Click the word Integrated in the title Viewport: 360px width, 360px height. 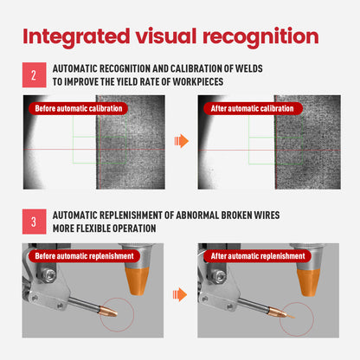click(x=76, y=37)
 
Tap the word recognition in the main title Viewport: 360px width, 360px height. click(x=260, y=37)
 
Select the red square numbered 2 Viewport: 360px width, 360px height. click(x=35, y=75)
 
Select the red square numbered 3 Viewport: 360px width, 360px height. click(x=35, y=222)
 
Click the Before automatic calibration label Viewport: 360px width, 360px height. click(x=79, y=108)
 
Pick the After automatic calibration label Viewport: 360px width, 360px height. click(x=253, y=108)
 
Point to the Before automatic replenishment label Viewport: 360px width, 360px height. click(x=84, y=256)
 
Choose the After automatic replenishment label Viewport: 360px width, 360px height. click(x=258, y=256)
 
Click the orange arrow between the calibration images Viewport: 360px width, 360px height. click(x=182, y=141)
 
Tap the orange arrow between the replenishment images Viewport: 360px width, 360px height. click(x=180, y=295)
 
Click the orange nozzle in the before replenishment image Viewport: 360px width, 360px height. click(x=137, y=280)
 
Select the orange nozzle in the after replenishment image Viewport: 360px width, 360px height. click(x=309, y=282)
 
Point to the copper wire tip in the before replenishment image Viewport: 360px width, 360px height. click(x=109, y=311)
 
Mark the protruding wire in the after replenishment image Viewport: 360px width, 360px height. click(x=290, y=316)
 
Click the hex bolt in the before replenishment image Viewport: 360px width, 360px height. click(x=50, y=275)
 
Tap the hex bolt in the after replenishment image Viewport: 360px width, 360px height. click(x=220, y=275)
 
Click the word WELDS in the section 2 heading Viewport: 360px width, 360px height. click(x=249, y=68)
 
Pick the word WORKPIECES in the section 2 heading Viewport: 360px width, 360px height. click(x=198, y=81)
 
